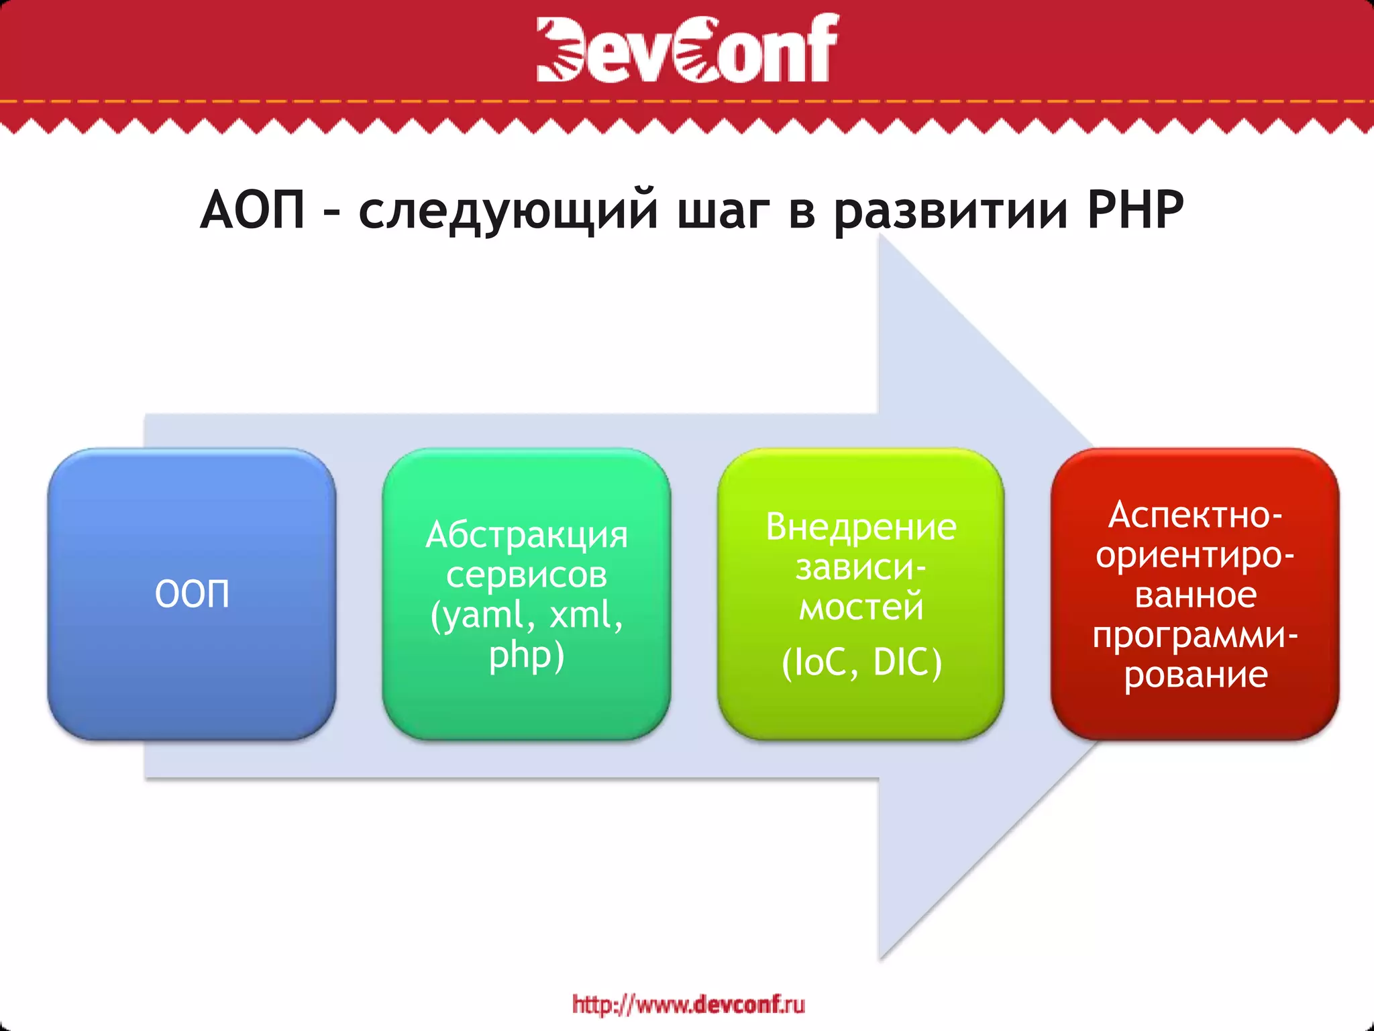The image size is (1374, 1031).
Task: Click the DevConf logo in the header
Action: pyautogui.click(x=687, y=48)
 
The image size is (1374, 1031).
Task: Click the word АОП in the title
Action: pyautogui.click(x=253, y=210)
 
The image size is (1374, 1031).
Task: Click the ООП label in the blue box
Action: pyautogui.click(x=192, y=594)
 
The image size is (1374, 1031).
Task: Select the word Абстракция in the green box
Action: pyautogui.click(x=527, y=536)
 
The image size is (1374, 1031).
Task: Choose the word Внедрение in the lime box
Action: pyautogui.click(x=861, y=527)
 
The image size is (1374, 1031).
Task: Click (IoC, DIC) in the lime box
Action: pyautogui.click(x=861, y=662)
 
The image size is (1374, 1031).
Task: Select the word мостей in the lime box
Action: pyautogui.click(x=861, y=607)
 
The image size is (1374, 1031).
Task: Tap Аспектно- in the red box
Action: pyautogui.click(x=1195, y=515)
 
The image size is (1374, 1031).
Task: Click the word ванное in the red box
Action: pyautogui.click(x=1195, y=595)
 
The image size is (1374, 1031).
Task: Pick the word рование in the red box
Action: pyautogui.click(x=1195, y=675)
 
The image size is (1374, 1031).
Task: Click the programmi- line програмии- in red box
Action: pyautogui.click(x=1195, y=635)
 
